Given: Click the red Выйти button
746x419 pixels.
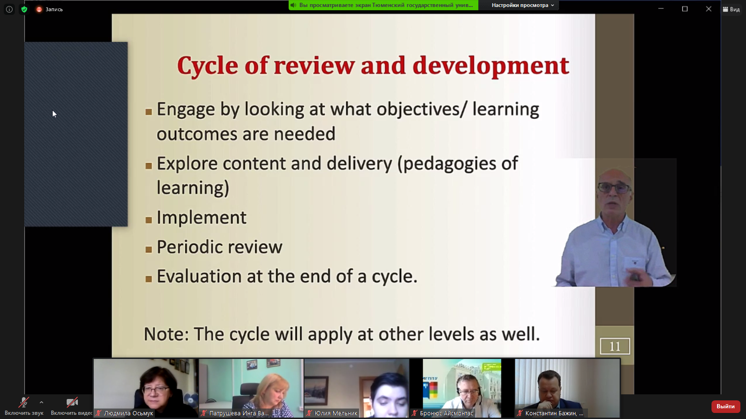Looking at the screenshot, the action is pyautogui.click(x=725, y=406).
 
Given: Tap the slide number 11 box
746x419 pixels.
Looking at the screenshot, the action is pyautogui.click(x=615, y=346).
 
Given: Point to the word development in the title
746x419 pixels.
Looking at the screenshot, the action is pyautogui.click(x=490, y=66).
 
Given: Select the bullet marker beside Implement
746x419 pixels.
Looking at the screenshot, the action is pyautogui.click(x=149, y=220).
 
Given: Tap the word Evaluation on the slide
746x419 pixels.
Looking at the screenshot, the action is pyautogui.click(x=199, y=276).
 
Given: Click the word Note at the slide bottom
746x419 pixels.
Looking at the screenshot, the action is pyautogui.click(x=166, y=334).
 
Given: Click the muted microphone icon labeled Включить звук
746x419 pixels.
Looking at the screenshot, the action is pyautogui.click(x=24, y=402).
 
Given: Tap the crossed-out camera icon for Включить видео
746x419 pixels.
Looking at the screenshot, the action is pyautogui.click(x=72, y=402).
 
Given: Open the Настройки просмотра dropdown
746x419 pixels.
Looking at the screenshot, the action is pyautogui.click(x=523, y=5).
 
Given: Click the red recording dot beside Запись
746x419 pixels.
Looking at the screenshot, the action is pyautogui.click(x=39, y=9).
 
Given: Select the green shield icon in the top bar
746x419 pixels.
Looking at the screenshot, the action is pyautogui.click(x=24, y=9).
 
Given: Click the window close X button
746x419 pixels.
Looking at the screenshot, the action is pyautogui.click(x=709, y=9).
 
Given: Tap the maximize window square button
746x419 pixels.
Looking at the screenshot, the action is pyautogui.click(x=685, y=9).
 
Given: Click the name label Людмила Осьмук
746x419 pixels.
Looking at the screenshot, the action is pyautogui.click(x=129, y=413).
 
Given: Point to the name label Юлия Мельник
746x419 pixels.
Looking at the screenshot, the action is pyautogui.click(x=336, y=413).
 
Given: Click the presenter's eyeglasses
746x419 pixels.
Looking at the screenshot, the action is pyautogui.click(x=614, y=188).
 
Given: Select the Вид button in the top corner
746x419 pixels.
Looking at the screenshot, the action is pyautogui.click(x=732, y=9).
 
